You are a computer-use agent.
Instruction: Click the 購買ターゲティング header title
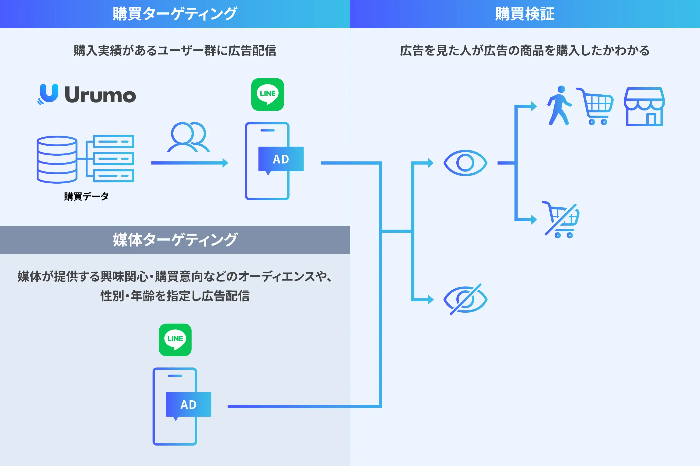pyautogui.click(x=175, y=14)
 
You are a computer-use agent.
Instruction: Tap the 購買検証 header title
pyautogui.click(x=525, y=14)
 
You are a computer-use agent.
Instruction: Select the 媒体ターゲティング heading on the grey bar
pyautogui.click(x=175, y=240)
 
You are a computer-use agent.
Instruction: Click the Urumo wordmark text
pyautogui.click(x=100, y=95)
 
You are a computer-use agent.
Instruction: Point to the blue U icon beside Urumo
pyautogui.click(x=48, y=94)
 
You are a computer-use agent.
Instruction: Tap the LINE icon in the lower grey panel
pyautogui.click(x=175, y=340)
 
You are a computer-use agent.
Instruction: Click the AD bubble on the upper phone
pyautogui.click(x=281, y=159)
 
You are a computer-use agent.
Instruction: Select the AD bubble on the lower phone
pyautogui.click(x=188, y=405)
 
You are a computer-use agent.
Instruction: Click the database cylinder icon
pyautogui.click(x=57, y=159)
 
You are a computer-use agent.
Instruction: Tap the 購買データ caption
pyautogui.click(x=86, y=196)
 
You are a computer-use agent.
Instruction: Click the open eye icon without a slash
pyautogui.click(x=465, y=163)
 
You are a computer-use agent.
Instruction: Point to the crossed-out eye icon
pyautogui.click(x=465, y=299)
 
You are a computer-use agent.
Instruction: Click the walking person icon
pyautogui.click(x=559, y=106)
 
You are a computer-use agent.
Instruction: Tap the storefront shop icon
pyautogui.click(x=644, y=107)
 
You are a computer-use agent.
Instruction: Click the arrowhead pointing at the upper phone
pyautogui.click(x=225, y=163)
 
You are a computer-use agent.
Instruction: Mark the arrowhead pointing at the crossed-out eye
pyautogui.click(x=431, y=299)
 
